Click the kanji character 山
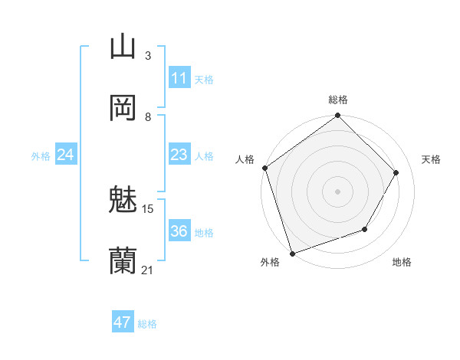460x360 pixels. pyautogui.click(x=123, y=47)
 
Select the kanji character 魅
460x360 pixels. pyautogui.click(x=123, y=201)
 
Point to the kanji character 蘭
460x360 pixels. pyautogui.click(x=123, y=261)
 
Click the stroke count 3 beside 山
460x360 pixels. pyautogui.click(x=148, y=56)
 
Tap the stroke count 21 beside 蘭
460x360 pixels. pyautogui.click(x=148, y=270)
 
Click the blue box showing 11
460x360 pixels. pyautogui.click(x=179, y=78)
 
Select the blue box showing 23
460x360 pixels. pyautogui.click(x=179, y=155)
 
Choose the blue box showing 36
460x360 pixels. pyautogui.click(x=179, y=231)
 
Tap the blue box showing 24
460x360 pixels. pyautogui.click(x=66, y=155)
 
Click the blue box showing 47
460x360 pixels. pyautogui.click(x=123, y=322)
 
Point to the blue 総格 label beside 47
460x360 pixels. pyautogui.click(x=147, y=324)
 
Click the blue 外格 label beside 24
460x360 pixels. pyautogui.click(x=41, y=156)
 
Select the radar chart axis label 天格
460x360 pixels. pyautogui.click(x=431, y=159)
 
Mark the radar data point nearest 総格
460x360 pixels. pyautogui.click(x=337, y=116)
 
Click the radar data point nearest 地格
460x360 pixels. pyautogui.click(x=365, y=229)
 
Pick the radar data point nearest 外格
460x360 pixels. pyautogui.click(x=291, y=253)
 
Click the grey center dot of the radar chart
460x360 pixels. pyautogui.click(x=337, y=191)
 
